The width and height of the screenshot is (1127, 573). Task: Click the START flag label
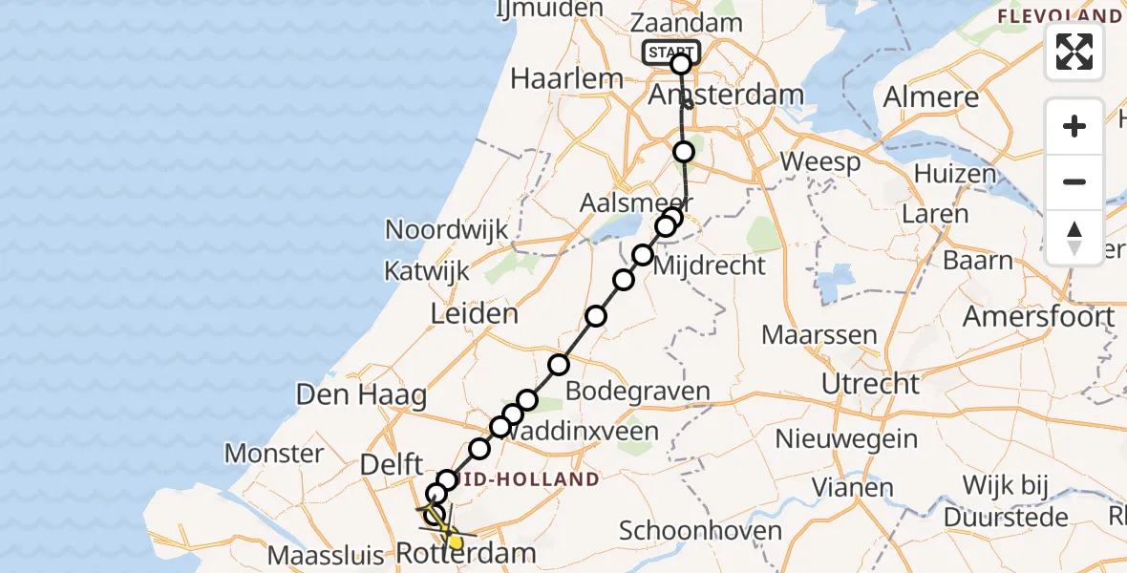[x=670, y=52]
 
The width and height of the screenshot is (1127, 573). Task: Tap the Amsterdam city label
[x=725, y=95]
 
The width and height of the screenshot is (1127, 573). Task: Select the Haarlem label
[x=566, y=77]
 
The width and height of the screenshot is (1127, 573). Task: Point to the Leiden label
[x=474, y=313]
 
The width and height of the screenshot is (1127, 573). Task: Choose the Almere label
[x=931, y=96]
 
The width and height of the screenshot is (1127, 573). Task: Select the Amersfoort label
[x=1038, y=315]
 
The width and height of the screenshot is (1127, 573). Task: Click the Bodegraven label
[x=638, y=391]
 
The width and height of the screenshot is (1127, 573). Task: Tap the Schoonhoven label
[x=700, y=530]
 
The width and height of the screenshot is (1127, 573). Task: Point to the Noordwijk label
[x=446, y=229]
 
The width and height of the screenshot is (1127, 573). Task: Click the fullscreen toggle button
[x=1074, y=52]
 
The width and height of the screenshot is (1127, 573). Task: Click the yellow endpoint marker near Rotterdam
[x=456, y=543]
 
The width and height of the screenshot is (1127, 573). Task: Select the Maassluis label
[x=327, y=554]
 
